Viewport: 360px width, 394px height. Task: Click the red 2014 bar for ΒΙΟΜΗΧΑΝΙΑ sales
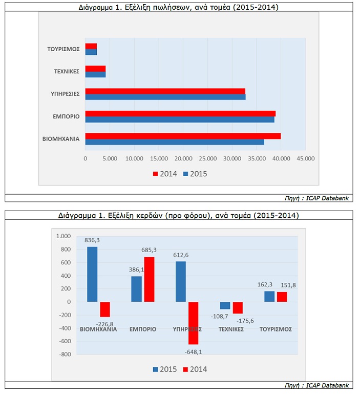point(183,136)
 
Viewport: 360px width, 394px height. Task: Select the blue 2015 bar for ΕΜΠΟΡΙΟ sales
point(180,119)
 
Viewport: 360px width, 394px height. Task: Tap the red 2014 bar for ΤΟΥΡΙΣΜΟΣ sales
point(91,46)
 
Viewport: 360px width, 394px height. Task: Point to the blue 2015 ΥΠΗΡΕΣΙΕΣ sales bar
point(165,97)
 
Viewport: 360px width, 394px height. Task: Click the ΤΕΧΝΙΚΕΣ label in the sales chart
point(67,71)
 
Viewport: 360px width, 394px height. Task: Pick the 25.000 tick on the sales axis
point(208,158)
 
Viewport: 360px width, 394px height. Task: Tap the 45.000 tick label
point(306,158)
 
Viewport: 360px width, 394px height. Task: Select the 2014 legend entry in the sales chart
point(165,174)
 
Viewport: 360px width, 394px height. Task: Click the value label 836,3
point(92,240)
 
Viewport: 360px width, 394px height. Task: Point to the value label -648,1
point(193,352)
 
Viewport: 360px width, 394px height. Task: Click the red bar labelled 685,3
point(149,279)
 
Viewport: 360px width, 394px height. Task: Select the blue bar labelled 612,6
point(181,281)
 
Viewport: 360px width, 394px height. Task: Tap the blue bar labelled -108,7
point(225,305)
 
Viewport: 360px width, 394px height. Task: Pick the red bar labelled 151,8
point(282,297)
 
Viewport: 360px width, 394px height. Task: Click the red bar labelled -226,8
point(105,309)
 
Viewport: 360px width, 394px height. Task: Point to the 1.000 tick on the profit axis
point(63,236)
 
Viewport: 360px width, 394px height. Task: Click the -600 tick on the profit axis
point(65,341)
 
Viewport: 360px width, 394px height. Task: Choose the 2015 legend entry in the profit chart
point(165,369)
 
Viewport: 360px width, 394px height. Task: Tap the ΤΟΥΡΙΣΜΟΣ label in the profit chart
point(276,329)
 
